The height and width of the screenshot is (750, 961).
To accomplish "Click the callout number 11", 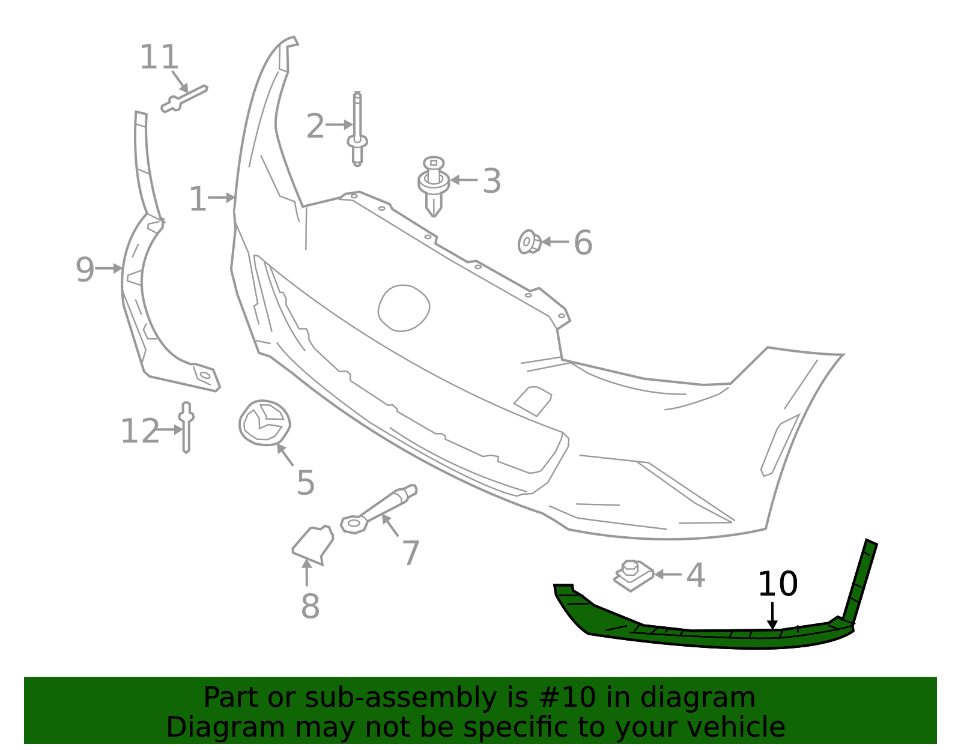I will [159, 58].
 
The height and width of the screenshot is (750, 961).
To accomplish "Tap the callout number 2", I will [315, 127].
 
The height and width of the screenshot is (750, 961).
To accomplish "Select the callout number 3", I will [492, 181].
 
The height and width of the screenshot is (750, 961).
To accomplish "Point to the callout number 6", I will [583, 243].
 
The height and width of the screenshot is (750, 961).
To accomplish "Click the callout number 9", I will [85, 270].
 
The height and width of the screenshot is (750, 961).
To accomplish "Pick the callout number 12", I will [140, 432].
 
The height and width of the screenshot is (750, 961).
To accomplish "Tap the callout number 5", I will [306, 483].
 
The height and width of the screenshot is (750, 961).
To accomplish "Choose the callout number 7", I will [411, 553].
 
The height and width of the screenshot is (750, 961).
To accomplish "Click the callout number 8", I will [310, 606].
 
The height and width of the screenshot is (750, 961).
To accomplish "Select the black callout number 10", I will [777, 584].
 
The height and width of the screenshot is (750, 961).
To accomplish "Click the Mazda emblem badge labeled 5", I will [264, 423].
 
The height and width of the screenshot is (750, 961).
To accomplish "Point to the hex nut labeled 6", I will [529, 242].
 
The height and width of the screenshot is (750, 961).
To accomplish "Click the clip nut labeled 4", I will [633, 575].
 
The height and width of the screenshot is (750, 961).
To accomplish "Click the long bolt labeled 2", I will [357, 129].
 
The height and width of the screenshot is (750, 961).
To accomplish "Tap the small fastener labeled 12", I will [186, 427].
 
